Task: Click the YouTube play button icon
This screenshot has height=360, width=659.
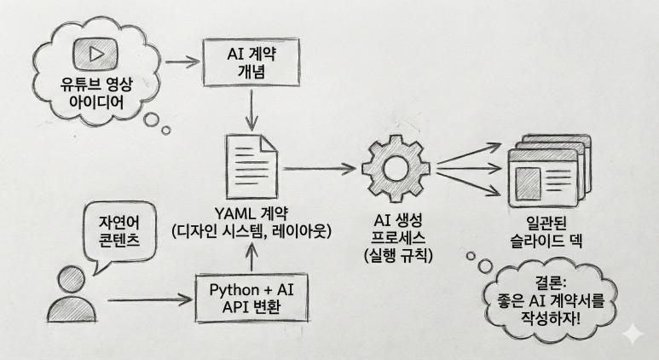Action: (x=89, y=53)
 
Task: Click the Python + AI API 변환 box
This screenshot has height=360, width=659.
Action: (x=251, y=297)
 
